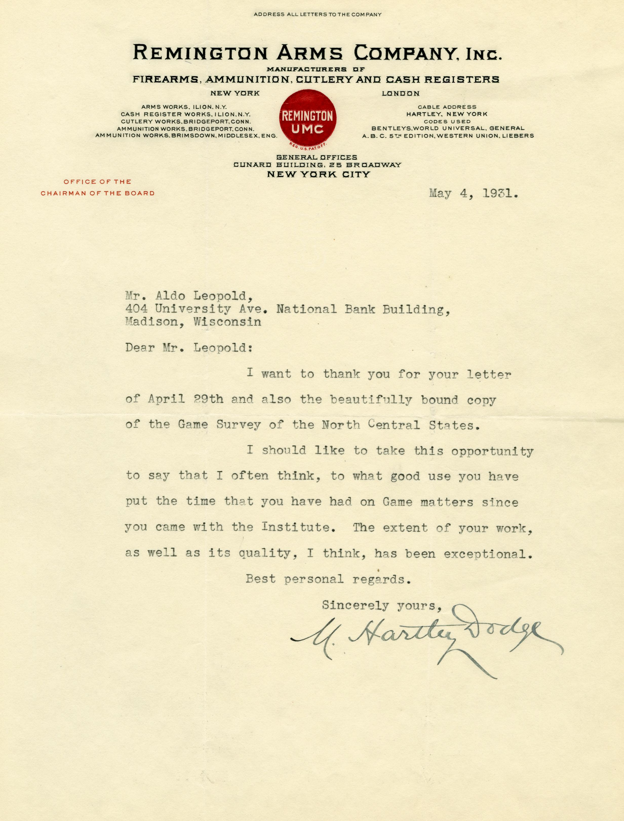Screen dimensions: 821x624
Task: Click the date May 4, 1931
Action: (x=474, y=194)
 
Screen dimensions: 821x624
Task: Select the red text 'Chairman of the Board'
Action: (x=98, y=193)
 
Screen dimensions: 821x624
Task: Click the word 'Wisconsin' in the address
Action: (x=227, y=322)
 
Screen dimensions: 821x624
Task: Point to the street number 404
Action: (x=136, y=309)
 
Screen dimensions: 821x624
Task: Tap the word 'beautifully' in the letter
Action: (x=371, y=400)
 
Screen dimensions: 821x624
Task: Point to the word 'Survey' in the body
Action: (x=239, y=425)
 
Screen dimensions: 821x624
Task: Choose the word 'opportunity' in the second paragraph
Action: (x=492, y=452)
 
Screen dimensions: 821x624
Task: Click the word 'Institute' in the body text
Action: (x=295, y=527)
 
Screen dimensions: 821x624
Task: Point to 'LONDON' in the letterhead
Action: (x=401, y=94)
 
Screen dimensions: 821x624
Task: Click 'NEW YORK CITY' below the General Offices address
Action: (x=318, y=174)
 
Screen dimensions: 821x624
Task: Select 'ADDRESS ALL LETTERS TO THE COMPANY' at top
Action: (x=318, y=14)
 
